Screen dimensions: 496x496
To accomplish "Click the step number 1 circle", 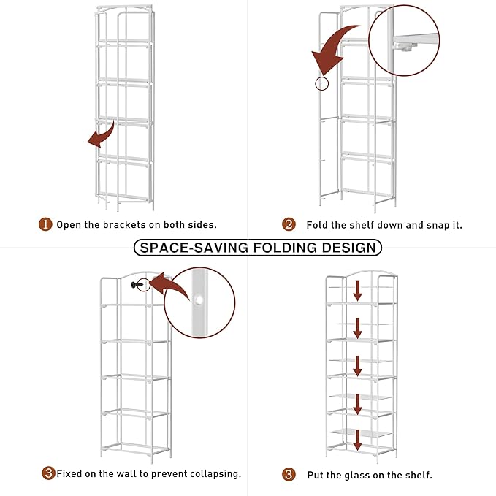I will coord(45,225).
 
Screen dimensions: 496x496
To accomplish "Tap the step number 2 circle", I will coord(289,225).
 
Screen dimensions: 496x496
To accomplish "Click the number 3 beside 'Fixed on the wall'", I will coord(48,474).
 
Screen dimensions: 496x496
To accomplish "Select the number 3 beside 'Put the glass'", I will coord(289,475).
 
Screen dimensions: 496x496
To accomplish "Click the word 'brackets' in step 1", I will coord(129,225).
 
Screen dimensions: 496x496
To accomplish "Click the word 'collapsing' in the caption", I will coord(211,474).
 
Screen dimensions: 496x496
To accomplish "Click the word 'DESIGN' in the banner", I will coord(351,248).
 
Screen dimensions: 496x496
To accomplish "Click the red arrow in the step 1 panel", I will coord(100,136).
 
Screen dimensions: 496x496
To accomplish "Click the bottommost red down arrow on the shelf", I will coord(358,440).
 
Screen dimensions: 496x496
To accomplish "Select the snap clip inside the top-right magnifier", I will coord(406,45).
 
